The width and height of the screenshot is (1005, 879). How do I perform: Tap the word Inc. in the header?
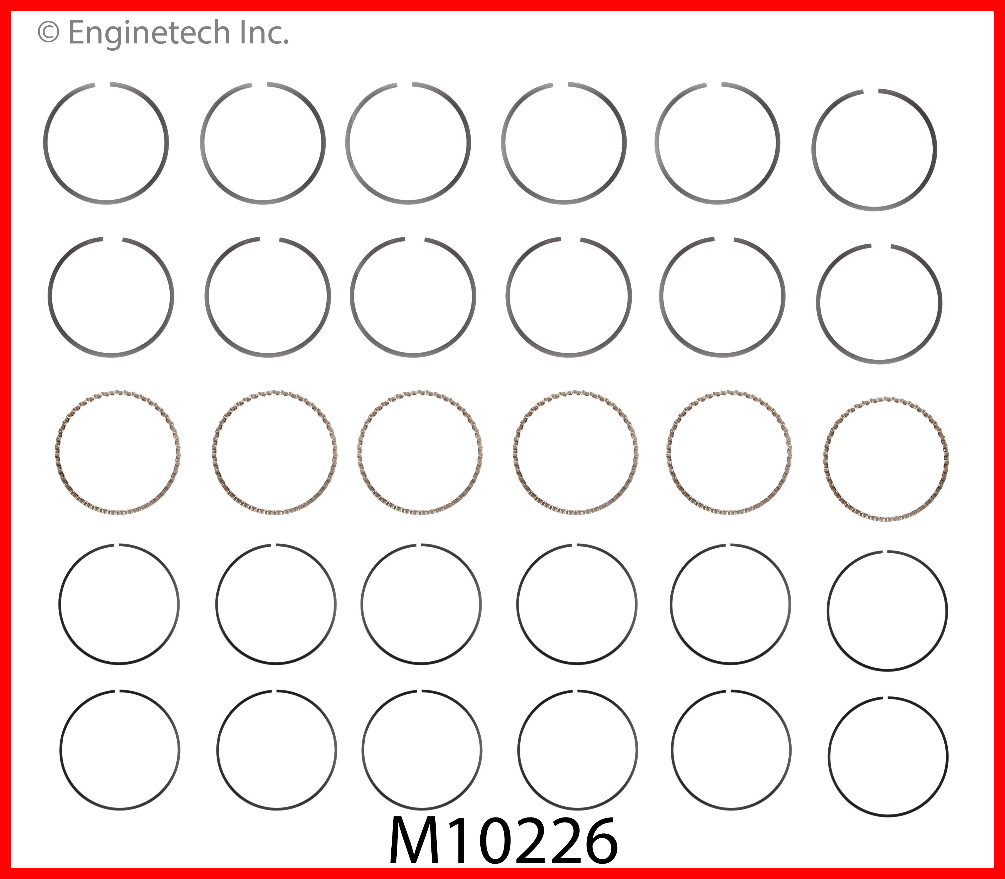tap(265, 33)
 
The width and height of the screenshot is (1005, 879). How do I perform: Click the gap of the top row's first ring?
tap(102, 85)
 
